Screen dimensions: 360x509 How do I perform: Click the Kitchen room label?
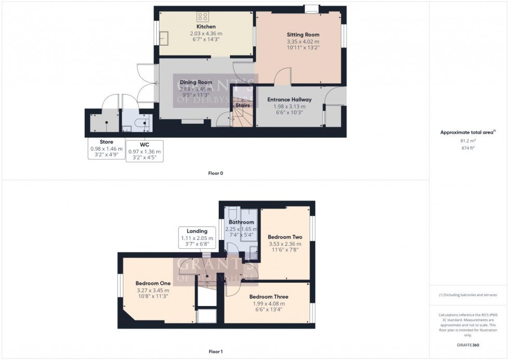point(206,26)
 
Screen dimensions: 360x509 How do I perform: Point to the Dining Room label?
point(196,82)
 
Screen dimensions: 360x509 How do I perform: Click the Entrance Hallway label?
point(289,100)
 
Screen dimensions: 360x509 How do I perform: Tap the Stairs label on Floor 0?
point(243,105)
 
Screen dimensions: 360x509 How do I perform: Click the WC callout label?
point(144,144)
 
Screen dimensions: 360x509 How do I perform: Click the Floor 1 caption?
point(215,352)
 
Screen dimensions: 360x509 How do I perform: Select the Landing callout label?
point(197,231)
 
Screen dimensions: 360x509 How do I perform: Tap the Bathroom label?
point(239,222)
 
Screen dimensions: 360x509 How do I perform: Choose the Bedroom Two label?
point(285,237)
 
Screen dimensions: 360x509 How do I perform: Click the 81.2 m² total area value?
point(468,140)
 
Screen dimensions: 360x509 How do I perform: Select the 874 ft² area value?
point(468,148)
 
